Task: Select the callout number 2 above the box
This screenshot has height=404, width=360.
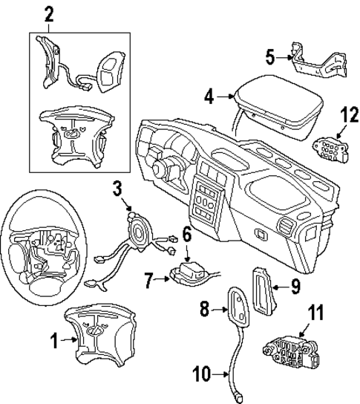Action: [48, 13]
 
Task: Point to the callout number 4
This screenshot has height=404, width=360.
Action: [209, 96]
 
